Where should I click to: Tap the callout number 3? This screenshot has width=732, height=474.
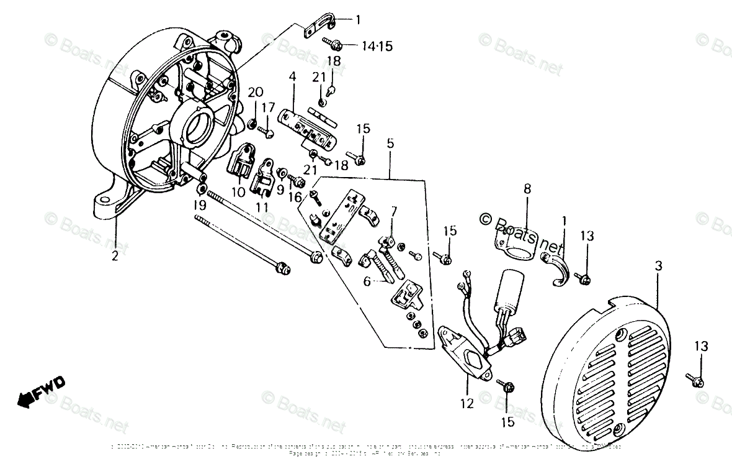[x=658, y=265]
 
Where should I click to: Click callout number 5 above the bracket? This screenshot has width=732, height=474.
[x=390, y=144]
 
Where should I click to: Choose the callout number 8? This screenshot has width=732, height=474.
[x=527, y=189]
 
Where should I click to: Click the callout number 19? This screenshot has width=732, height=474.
[x=197, y=204]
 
